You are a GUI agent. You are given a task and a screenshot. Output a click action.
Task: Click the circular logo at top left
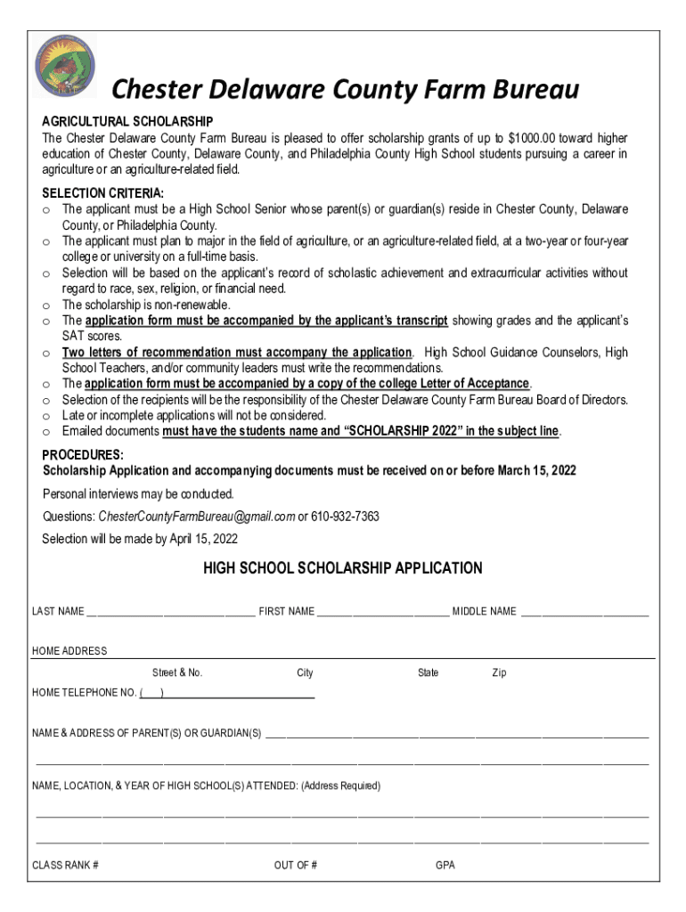pos(64,66)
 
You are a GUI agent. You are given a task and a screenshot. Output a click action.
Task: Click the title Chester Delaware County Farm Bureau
pos(344,90)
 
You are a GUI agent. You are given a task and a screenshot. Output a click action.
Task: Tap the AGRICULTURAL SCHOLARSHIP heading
pos(127,121)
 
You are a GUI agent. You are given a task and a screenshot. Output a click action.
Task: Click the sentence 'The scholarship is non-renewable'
pos(146,305)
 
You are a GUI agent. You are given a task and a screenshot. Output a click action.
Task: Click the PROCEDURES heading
pos(83,455)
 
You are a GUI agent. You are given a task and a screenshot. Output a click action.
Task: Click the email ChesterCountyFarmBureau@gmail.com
pos(196,517)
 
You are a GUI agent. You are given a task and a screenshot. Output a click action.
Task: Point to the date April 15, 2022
pos(203,539)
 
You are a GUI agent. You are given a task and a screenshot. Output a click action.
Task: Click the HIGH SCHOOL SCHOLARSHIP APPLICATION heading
pos(343,568)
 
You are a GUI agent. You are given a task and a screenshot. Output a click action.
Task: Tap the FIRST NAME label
pos(286,612)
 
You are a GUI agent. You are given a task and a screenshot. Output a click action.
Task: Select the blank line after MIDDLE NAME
pos(584,612)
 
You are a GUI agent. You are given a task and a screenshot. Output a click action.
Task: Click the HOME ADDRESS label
pos(69,651)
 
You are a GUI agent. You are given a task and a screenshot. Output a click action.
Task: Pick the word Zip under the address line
pos(499,672)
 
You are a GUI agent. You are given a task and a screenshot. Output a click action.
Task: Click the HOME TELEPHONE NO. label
pos(84,693)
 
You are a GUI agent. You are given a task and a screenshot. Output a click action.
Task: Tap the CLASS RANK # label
pos(65,865)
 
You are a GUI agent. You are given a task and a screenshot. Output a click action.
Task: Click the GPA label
pos(445,865)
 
